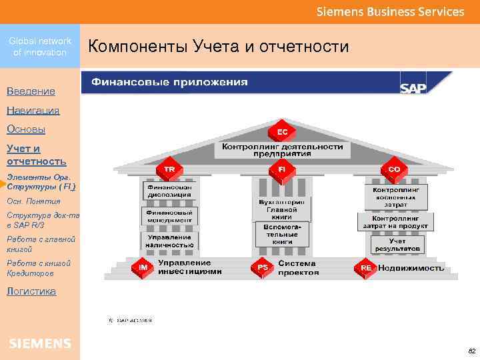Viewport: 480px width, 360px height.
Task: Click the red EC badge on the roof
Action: (283, 132)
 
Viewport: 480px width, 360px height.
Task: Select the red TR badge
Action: (170, 170)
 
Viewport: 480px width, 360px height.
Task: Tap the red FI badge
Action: (282, 170)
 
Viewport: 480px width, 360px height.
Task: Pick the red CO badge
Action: (394, 170)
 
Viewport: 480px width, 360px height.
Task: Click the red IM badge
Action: (143, 267)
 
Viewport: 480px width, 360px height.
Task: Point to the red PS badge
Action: (263, 267)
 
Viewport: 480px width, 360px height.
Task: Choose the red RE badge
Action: (366, 267)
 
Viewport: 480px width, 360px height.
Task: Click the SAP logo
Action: (413, 88)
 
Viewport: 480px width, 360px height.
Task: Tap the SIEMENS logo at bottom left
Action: (40, 343)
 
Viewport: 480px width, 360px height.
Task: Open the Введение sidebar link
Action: (31, 91)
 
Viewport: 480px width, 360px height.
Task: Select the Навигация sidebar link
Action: (33, 111)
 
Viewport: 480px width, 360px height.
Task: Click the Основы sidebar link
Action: (25, 129)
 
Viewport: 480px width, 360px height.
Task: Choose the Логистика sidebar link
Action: (31, 291)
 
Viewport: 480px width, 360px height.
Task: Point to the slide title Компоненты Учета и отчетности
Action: (219, 47)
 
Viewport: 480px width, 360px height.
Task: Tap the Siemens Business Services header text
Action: (390, 11)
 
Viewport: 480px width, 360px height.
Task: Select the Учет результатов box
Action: (398, 244)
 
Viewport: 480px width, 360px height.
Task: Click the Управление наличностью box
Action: (171, 241)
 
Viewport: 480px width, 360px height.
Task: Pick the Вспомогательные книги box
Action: (282, 234)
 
